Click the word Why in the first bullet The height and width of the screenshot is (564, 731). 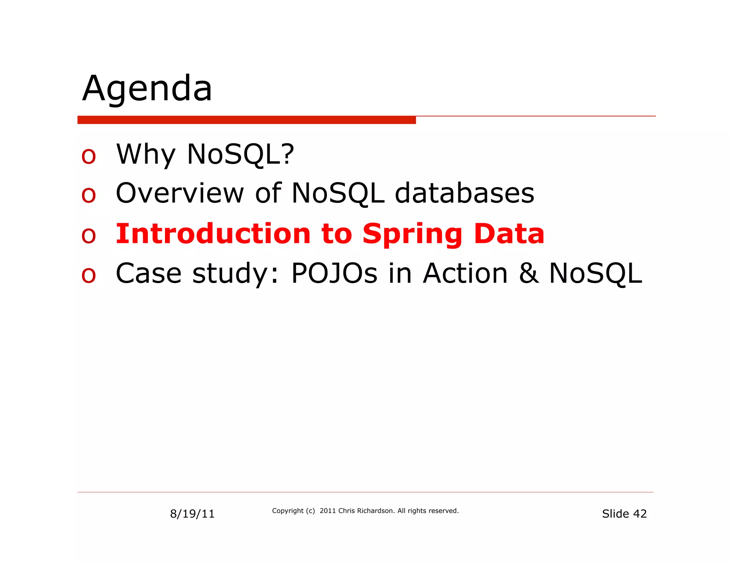pos(146,154)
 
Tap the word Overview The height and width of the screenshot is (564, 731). pos(180,193)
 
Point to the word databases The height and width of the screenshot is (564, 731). pos(464,193)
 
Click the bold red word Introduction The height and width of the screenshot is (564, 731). pos(213,234)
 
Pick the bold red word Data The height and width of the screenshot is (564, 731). pos(509,234)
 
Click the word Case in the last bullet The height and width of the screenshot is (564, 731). pos(148,273)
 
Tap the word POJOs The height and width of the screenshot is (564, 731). pos(334,273)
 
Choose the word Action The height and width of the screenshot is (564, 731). pos(465,273)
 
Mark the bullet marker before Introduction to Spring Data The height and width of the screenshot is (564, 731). pos(89,236)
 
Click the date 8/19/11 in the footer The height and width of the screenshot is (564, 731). pos(192,514)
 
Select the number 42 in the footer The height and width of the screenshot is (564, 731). pos(640,514)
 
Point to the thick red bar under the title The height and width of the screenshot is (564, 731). pos(246,120)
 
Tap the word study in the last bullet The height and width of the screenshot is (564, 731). pos(231,274)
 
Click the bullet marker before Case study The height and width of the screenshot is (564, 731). pos(89,276)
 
